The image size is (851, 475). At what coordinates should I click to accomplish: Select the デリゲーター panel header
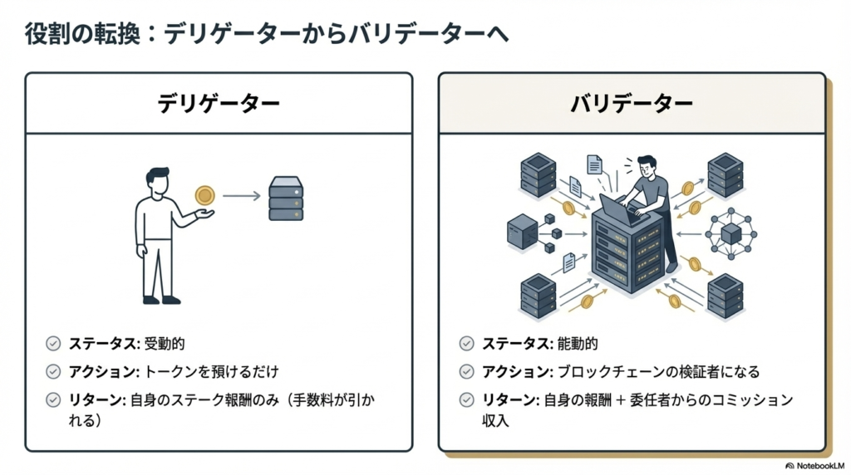[219, 104]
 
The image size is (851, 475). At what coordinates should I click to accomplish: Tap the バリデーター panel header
[632, 104]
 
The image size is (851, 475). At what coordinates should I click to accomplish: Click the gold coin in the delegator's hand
[204, 196]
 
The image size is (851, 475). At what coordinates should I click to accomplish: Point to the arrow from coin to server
[242, 196]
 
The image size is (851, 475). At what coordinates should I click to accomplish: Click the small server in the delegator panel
[286, 198]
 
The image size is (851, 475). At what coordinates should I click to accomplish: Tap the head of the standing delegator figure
[158, 179]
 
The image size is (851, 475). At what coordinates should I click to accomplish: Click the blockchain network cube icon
[730, 233]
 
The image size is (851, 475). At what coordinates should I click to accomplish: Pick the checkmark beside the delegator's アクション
[54, 371]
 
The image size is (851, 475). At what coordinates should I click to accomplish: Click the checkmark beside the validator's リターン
[467, 399]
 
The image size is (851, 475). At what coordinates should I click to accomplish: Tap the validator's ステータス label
[512, 343]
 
